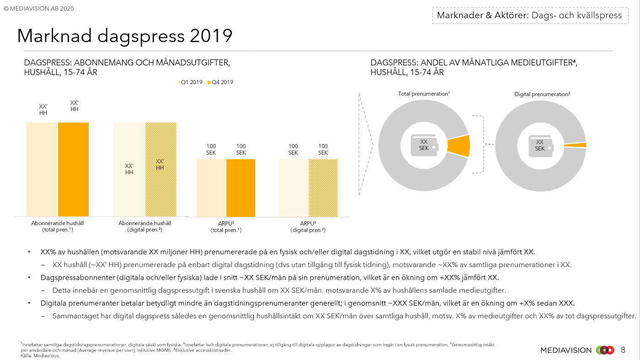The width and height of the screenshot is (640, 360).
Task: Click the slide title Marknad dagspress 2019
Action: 124,36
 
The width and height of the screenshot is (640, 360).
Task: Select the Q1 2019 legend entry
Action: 189,82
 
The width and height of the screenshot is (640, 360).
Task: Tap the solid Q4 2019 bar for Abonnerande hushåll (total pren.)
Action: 73,169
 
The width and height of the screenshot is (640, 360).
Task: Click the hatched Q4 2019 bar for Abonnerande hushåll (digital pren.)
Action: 161,192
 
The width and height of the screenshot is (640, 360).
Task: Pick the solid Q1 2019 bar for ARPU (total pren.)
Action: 211,188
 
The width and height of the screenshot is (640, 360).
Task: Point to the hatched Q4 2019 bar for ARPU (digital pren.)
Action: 323,188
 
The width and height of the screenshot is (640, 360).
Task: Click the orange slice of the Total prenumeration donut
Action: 459,146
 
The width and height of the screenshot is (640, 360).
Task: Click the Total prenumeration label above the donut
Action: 424,94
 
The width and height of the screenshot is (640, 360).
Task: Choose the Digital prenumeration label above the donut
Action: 542,94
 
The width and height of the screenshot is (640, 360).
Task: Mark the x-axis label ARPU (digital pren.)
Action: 308,226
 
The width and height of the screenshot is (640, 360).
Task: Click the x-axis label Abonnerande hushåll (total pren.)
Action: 58,226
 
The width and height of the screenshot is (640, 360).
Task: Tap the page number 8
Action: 623,350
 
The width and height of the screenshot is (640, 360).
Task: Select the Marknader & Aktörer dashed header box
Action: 529,15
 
